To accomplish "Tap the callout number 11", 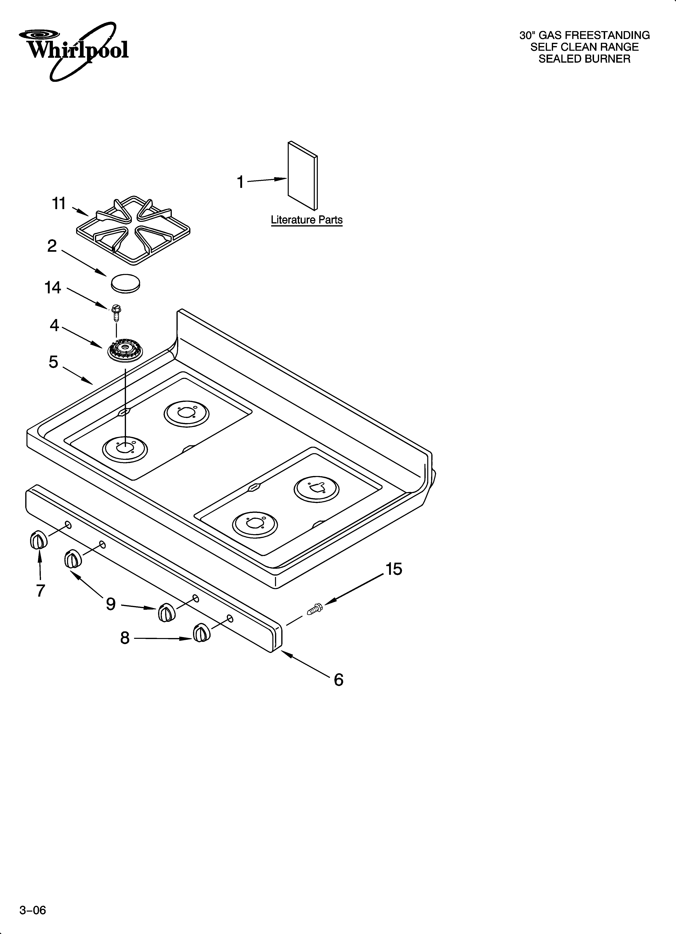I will point(59,203).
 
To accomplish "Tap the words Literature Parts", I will point(306,220).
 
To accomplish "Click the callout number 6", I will point(338,679).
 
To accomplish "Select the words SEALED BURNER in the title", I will point(584,59).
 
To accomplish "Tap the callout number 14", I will point(53,287).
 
